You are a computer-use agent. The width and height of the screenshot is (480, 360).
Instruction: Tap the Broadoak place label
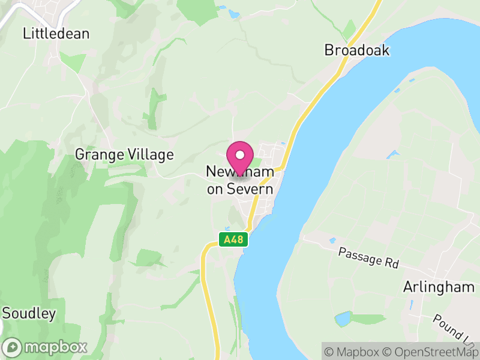(x=357, y=50)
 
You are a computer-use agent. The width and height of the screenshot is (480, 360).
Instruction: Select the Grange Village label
(x=124, y=155)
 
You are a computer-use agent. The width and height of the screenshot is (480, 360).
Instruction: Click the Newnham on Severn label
(x=240, y=181)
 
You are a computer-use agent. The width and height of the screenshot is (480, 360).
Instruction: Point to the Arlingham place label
(x=439, y=287)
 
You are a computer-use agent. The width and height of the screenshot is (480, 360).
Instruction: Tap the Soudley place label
(x=29, y=313)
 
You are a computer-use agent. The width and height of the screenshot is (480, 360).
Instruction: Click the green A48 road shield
(x=233, y=240)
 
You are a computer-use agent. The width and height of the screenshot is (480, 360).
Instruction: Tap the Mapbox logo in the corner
(x=46, y=347)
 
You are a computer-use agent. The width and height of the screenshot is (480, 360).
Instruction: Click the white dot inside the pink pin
(x=241, y=155)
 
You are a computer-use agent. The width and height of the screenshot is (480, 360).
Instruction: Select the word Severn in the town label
(x=248, y=189)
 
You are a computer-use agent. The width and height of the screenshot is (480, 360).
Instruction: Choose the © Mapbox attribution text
(x=354, y=351)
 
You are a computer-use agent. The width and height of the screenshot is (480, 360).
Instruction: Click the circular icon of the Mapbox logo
(x=13, y=347)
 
